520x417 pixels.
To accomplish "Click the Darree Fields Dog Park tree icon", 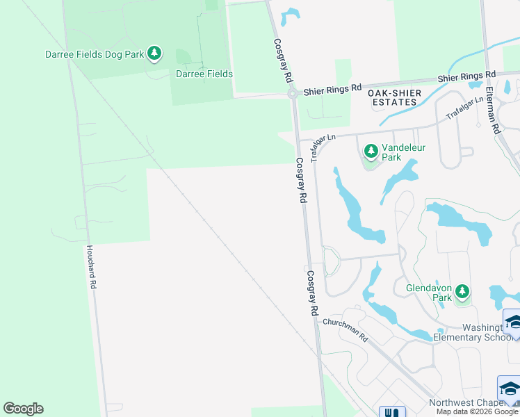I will point(154,54).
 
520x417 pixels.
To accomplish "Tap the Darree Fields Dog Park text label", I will point(95,54).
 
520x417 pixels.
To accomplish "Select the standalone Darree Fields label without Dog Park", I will point(204,74).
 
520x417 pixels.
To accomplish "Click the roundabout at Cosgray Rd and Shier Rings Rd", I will point(293,93).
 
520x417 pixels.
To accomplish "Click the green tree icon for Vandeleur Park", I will point(371,151).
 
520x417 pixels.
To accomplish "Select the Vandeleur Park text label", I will point(403,153).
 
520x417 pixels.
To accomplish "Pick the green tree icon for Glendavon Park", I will point(462,292).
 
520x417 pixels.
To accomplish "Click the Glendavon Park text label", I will point(429,293).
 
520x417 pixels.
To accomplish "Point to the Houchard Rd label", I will point(90,268).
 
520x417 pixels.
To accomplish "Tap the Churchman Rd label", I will point(346,330).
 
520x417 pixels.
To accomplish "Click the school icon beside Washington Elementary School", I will point(513,322).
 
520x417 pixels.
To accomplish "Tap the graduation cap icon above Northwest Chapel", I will point(509,389).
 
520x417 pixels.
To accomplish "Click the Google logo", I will point(23,409).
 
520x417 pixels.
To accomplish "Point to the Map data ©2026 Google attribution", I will point(477,411).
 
